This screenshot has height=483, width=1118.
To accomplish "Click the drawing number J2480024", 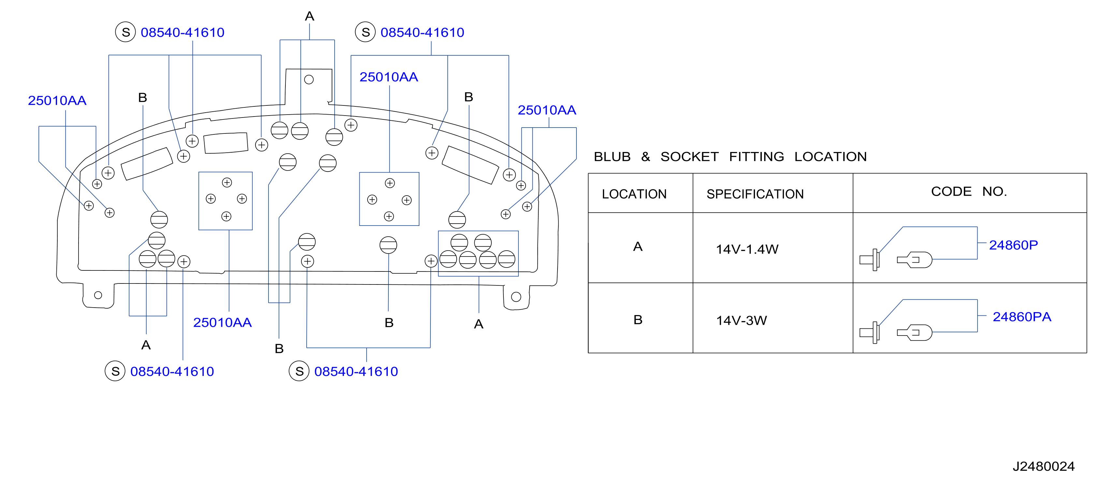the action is point(1043,466).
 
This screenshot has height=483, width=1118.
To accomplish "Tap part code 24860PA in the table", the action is point(1022,317).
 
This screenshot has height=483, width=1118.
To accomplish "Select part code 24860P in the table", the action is point(1013,245).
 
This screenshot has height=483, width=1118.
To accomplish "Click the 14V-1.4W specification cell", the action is point(747,249).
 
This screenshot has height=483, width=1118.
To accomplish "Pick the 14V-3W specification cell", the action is point(741,320).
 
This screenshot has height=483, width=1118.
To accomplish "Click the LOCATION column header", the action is point(634,194).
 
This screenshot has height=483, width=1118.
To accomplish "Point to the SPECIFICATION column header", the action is point(755,194).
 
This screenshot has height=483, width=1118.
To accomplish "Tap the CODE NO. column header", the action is point(969,192).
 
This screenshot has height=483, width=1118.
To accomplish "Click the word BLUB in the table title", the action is point(612,157).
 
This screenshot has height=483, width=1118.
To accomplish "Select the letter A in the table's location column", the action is point(638,247).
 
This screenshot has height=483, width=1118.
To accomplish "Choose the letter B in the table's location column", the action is point(638,320).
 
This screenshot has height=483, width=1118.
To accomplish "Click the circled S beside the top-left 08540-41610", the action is point(125,32).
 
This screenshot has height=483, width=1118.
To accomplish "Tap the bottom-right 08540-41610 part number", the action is point(356,372).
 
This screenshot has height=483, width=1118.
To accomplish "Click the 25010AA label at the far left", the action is point(57,101).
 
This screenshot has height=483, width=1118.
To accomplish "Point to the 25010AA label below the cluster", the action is point(222,323).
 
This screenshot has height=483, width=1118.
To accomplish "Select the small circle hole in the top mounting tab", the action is point(309,80).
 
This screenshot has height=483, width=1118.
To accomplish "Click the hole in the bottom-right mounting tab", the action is point(516,297).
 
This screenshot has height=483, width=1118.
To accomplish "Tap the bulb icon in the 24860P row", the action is point(914,260).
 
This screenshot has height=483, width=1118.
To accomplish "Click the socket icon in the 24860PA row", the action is point(870,333).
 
